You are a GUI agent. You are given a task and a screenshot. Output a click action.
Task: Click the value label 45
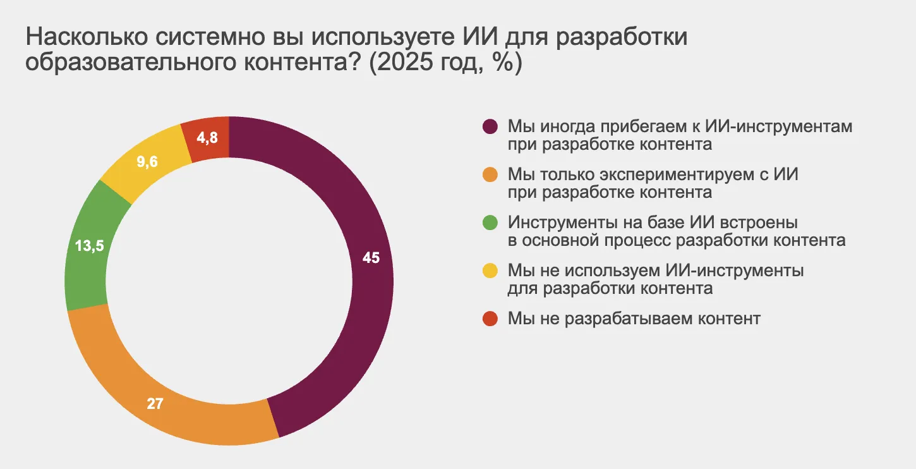coord(371,258)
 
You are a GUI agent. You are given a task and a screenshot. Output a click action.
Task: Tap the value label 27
coord(155,403)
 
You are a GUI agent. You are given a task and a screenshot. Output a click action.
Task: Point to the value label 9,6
coord(147,161)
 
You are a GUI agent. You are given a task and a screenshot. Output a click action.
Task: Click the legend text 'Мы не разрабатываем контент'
coord(634,319)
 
